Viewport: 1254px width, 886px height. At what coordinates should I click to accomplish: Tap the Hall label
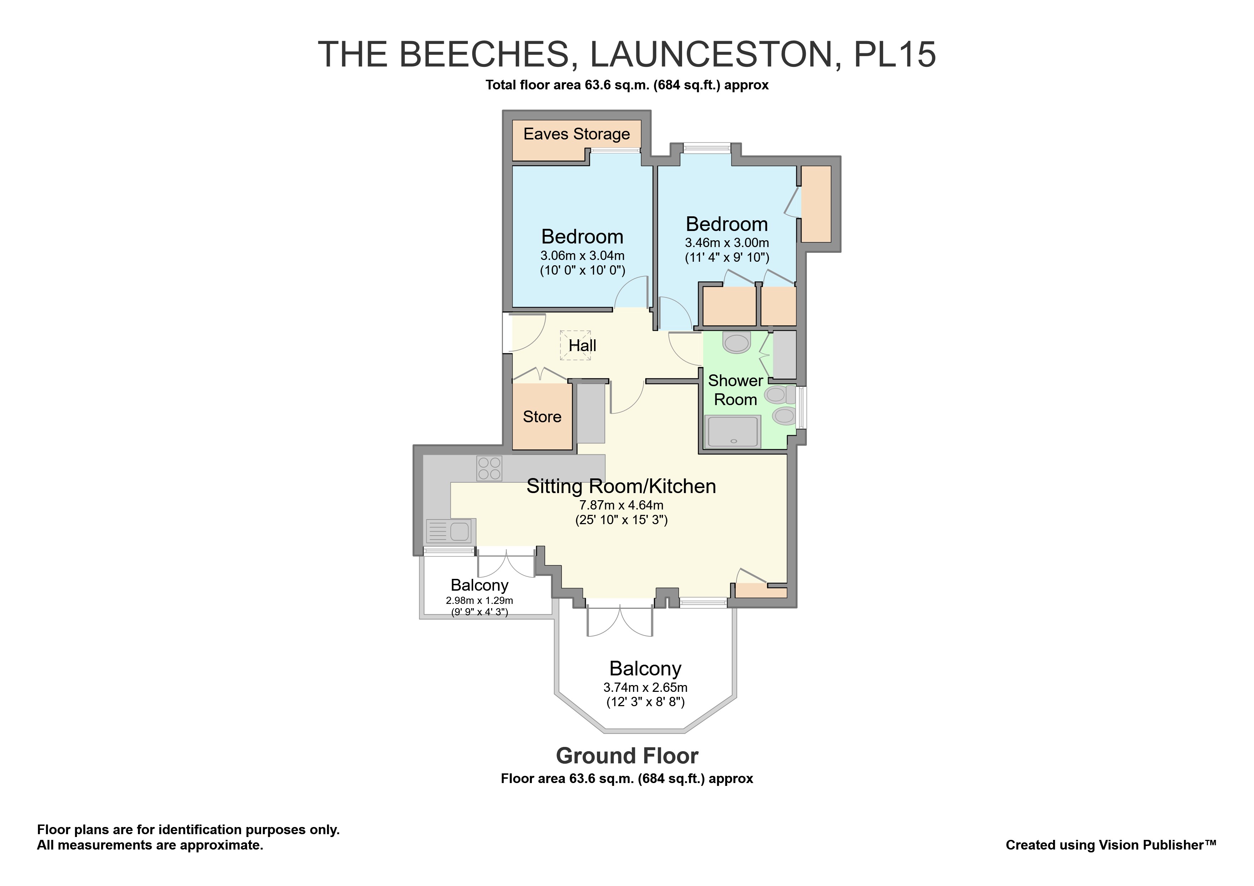coord(582,345)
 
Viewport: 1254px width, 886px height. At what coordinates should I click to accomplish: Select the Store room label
coord(542,417)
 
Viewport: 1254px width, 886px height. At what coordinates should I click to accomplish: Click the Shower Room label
coord(735,390)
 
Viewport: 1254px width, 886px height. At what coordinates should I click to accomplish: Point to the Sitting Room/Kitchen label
coord(621,486)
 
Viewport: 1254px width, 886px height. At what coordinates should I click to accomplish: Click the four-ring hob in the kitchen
coord(489,468)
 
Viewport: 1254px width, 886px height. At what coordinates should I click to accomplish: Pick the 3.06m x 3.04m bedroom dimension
coord(582,256)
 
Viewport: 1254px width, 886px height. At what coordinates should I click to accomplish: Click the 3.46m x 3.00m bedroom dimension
coord(726,243)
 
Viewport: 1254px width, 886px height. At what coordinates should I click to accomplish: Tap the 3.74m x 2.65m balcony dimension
coord(645,688)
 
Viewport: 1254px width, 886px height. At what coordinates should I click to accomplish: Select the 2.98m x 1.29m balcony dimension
coord(479,600)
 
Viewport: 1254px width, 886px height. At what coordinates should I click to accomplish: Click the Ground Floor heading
coord(627,756)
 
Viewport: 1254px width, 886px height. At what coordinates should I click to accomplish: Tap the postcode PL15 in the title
coord(894,55)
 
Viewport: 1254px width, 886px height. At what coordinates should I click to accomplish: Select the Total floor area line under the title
coord(627,85)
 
